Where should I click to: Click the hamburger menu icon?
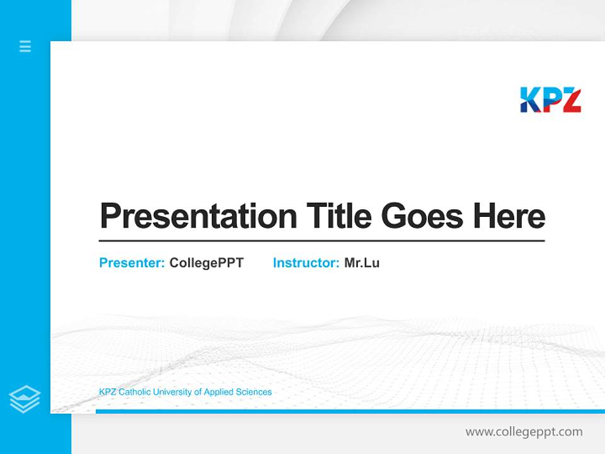[x=25, y=46]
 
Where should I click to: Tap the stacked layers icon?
[x=25, y=399]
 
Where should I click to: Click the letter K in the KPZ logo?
[x=530, y=100]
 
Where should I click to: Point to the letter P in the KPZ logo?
[x=550, y=100]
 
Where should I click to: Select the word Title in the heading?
[x=339, y=216]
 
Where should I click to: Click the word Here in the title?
[x=509, y=216]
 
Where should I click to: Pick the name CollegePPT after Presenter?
[x=206, y=263]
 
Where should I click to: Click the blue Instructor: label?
[x=306, y=263]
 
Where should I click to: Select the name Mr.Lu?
[x=362, y=263]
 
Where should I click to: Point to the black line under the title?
[x=321, y=240]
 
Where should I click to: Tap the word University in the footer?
[x=172, y=392]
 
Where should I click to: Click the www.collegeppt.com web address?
[x=524, y=432]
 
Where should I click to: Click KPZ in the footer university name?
[x=108, y=392]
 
